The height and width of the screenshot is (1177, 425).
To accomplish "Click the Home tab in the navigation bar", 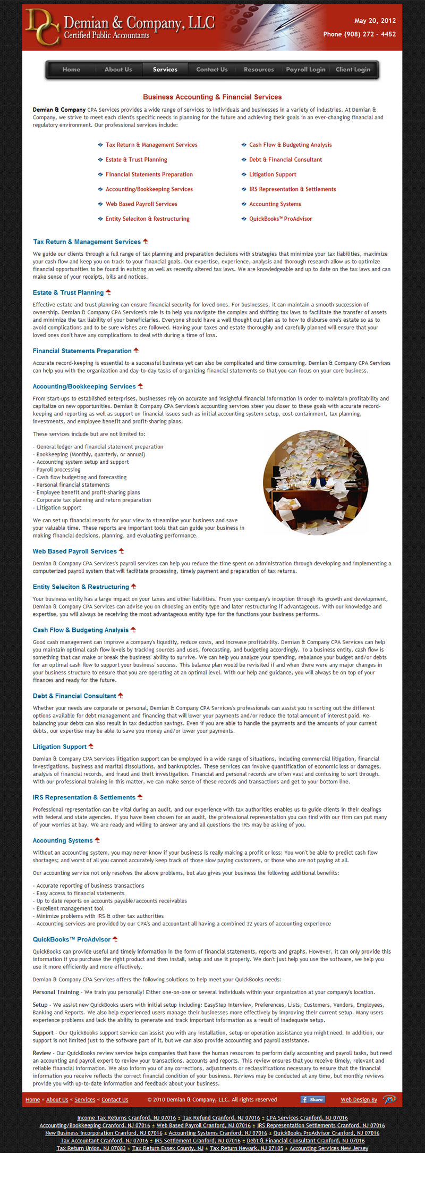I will click(x=71, y=70).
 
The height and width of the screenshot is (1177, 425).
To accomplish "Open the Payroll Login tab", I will click(x=305, y=70).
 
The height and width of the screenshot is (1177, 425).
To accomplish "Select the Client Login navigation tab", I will click(x=353, y=70).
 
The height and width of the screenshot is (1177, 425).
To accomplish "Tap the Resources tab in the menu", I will click(x=259, y=70).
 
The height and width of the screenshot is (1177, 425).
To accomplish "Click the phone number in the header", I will click(x=359, y=34).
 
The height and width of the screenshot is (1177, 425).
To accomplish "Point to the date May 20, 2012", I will click(x=375, y=21).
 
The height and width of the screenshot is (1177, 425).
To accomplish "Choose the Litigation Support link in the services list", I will click(x=273, y=174).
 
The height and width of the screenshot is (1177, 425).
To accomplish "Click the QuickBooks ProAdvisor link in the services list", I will click(x=280, y=219).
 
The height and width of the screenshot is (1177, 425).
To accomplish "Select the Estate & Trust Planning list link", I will click(x=136, y=160).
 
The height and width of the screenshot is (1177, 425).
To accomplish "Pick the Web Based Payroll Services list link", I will click(x=141, y=204).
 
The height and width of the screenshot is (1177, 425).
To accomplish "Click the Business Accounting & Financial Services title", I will click(x=212, y=97).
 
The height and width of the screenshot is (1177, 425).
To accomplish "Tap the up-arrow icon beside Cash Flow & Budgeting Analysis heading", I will click(x=133, y=630).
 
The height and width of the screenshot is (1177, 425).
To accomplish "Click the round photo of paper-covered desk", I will click(x=316, y=482).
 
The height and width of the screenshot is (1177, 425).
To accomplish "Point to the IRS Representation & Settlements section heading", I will click(x=84, y=797).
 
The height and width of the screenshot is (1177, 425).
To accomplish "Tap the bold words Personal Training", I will click(x=56, y=992).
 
